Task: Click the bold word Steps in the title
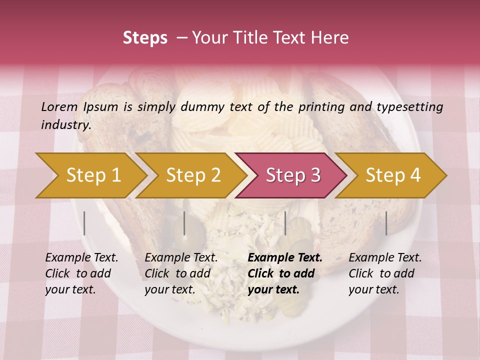pos(145,38)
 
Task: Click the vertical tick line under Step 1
pos(84,223)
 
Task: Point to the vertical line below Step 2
pos(184,223)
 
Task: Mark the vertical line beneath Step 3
pos(285,223)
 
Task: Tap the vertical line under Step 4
pos(386,223)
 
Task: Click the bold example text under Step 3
pos(285,273)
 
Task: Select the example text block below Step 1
pos(81,273)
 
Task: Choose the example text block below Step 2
pos(181,273)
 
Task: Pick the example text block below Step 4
pos(385,273)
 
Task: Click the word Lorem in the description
pos(59,106)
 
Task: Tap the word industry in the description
pos(66,125)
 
